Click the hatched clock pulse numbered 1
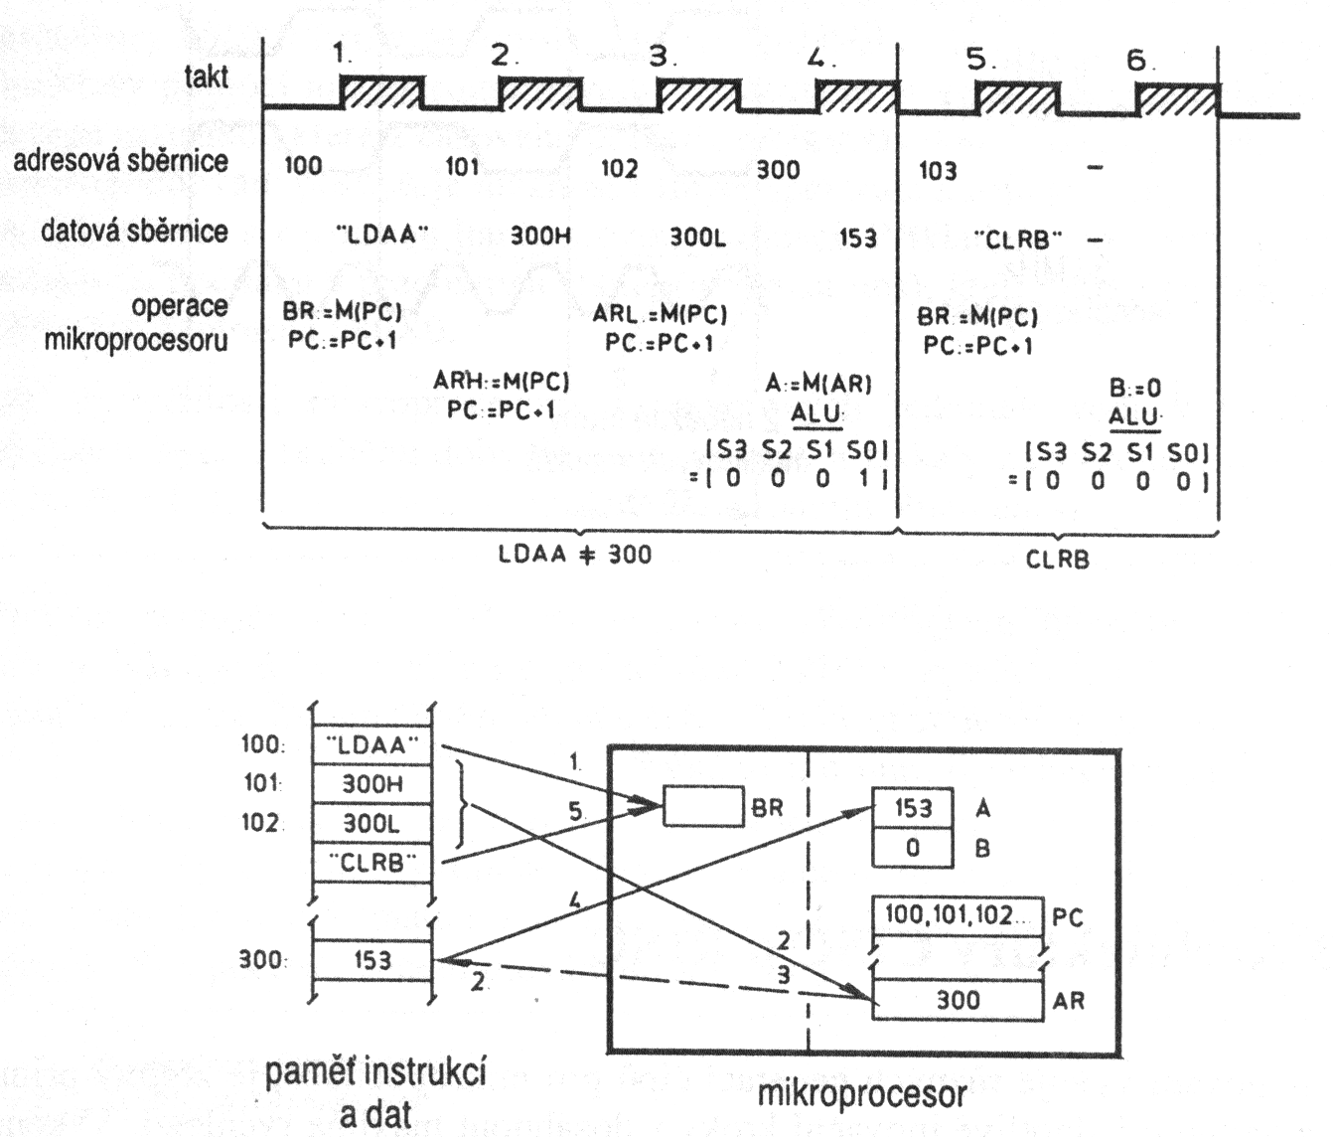[x=381, y=93]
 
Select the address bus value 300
[x=778, y=170]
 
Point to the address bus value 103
[x=937, y=171]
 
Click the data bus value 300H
[x=540, y=237]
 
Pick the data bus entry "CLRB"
[x=1017, y=240]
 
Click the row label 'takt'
[x=207, y=77]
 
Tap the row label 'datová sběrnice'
[x=134, y=232]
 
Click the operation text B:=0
[x=1134, y=388]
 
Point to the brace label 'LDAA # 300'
[x=575, y=555]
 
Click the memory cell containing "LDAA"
[x=372, y=744]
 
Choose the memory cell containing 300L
[x=372, y=824]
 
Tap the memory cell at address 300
[x=372, y=961]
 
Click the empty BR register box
[x=702, y=807]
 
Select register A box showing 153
[x=912, y=808]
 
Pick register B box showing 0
[x=912, y=848]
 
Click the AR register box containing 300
[x=959, y=1000]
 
